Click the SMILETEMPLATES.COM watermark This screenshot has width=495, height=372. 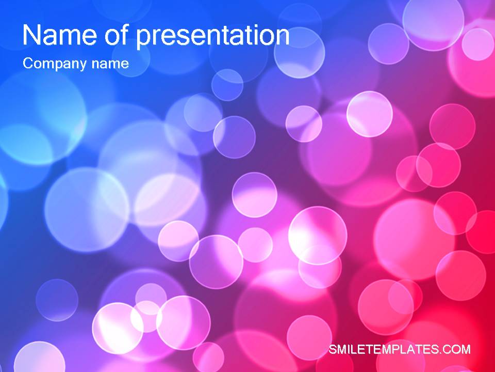(400, 350)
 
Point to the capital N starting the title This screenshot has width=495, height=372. (31, 36)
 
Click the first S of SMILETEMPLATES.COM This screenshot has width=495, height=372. (333, 350)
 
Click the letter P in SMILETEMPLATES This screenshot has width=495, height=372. (397, 350)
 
